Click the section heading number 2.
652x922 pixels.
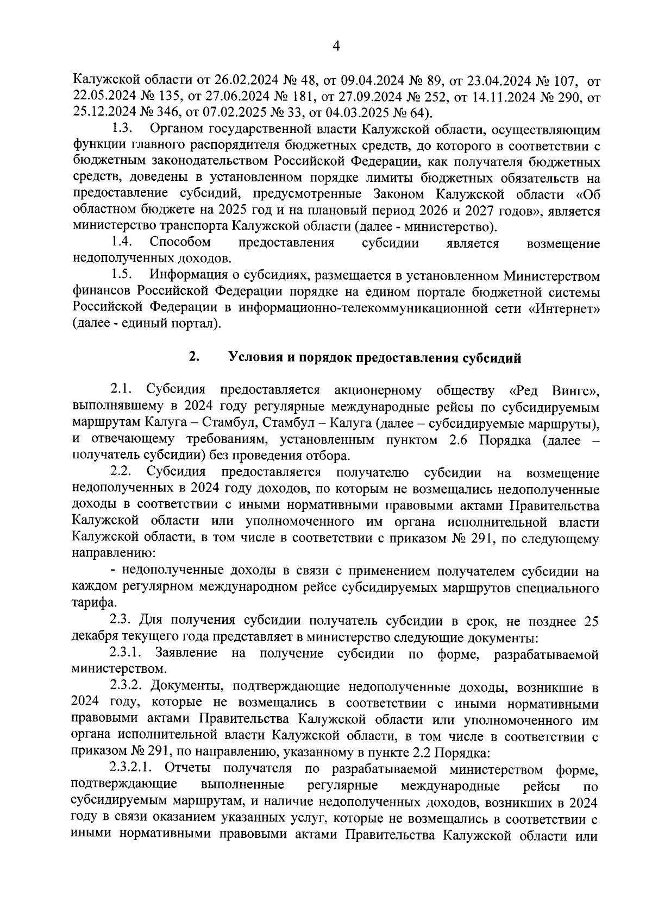coord(194,357)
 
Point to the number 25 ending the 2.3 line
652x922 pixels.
coord(591,620)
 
